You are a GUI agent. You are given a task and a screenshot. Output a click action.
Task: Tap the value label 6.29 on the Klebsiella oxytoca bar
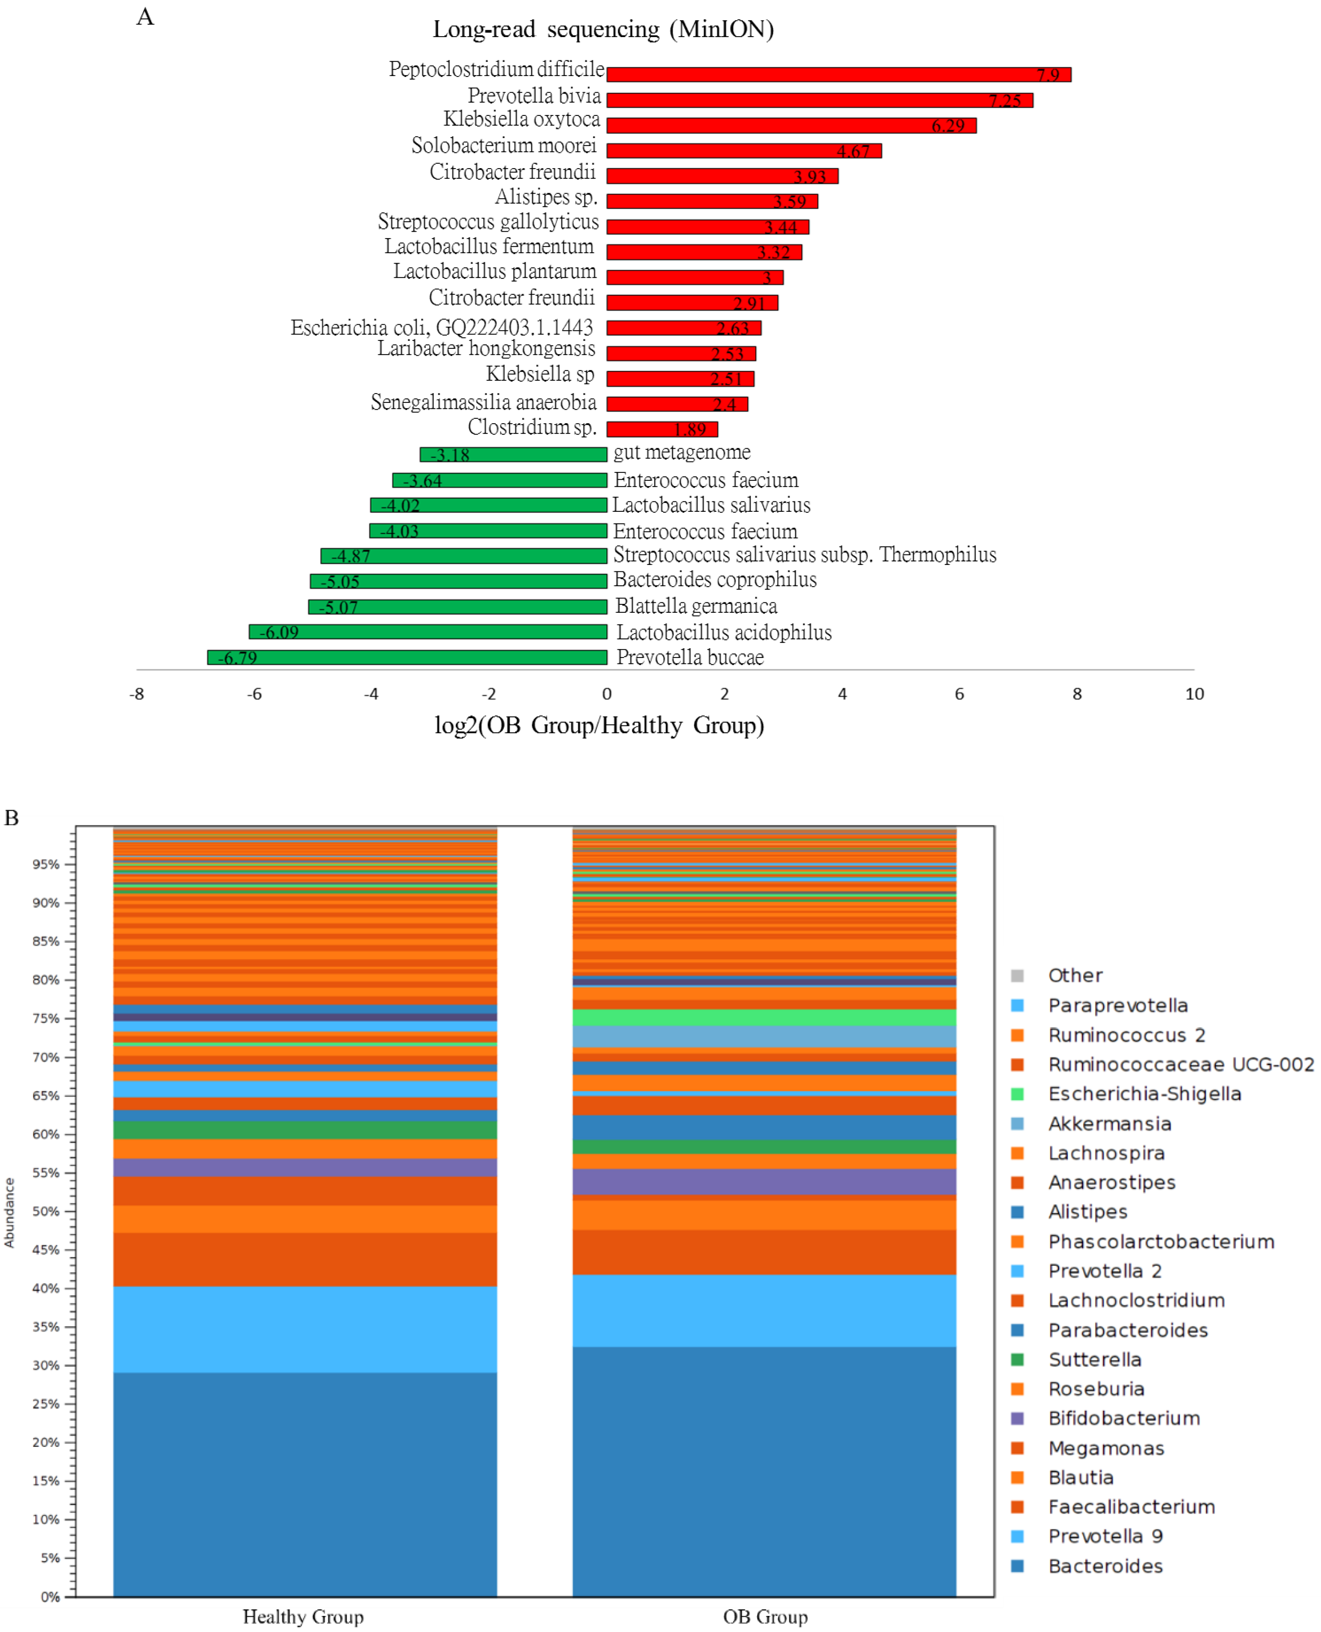tap(948, 126)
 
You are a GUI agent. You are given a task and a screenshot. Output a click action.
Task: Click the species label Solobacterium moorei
tap(504, 145)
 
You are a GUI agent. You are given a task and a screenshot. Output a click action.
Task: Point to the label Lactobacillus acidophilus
tap(723, 632)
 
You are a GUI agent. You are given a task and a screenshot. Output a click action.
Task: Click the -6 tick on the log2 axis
tap(254, 694)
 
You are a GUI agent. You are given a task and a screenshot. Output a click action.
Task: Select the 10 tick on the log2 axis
tap(1194, 694)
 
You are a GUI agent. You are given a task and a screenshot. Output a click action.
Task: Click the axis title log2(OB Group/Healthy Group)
tap(599, 725)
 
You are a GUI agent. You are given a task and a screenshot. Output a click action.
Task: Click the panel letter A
tap(144, 17)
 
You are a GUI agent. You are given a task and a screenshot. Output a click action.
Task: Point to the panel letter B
tap(11, 818)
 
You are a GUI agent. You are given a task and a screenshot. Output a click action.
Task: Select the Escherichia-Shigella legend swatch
tap(1017, 1094)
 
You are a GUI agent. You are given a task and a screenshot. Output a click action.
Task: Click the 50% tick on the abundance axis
tap(45, 1211)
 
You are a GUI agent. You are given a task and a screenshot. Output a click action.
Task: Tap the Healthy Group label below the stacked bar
tap(303, 1617)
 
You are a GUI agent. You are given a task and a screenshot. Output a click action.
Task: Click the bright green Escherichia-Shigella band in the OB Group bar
tap(764, 1017)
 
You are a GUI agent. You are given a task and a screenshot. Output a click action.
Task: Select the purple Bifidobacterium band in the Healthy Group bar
tap(304, 1168)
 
